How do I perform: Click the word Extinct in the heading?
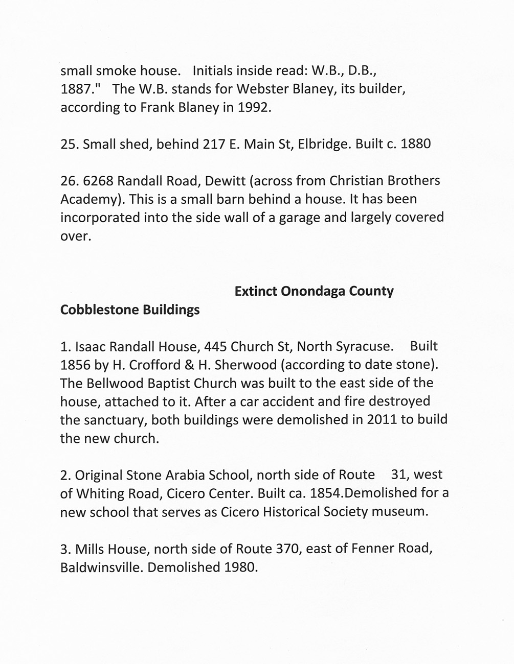click(255, 291)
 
